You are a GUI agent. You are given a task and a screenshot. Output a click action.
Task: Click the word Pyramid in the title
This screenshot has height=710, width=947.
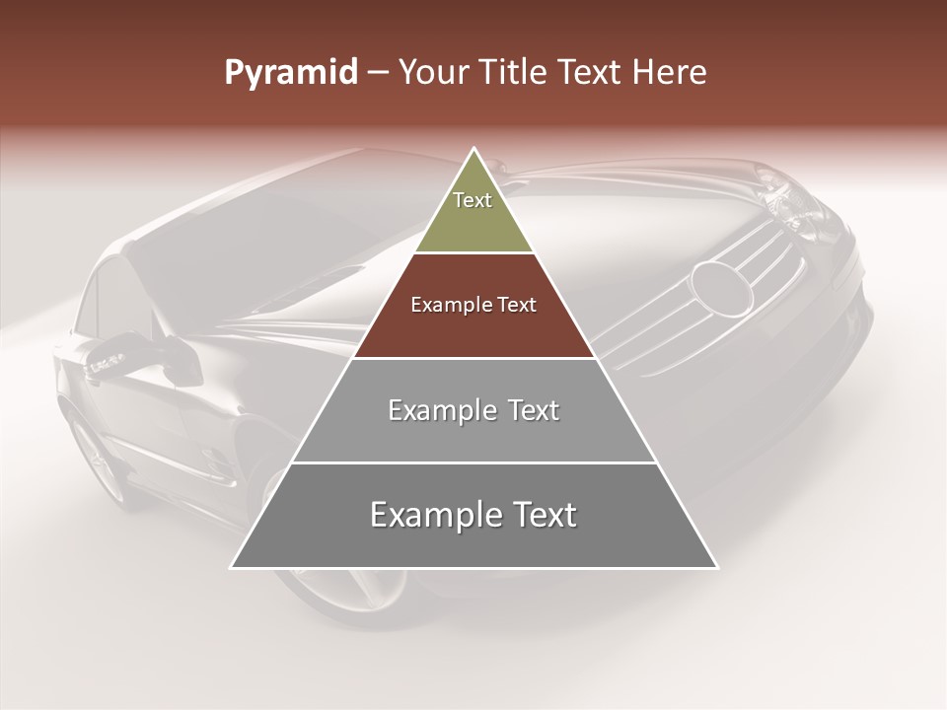pos(290,73)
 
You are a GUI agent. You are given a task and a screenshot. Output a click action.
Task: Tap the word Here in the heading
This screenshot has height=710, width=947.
pos(672,73)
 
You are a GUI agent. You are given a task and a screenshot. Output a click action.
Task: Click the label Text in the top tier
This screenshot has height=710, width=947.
pos(473,200)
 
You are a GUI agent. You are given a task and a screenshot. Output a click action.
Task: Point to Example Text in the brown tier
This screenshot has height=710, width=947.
pos(473,305)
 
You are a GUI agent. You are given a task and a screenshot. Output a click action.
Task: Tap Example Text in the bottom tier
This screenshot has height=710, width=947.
pos(473,515)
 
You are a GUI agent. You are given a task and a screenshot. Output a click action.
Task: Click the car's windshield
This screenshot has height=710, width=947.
pos(256,237)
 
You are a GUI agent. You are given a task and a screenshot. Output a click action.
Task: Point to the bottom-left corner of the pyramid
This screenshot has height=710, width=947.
pos(232,567)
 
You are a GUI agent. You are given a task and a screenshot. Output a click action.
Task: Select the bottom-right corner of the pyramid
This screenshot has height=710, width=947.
pos(717,567)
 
